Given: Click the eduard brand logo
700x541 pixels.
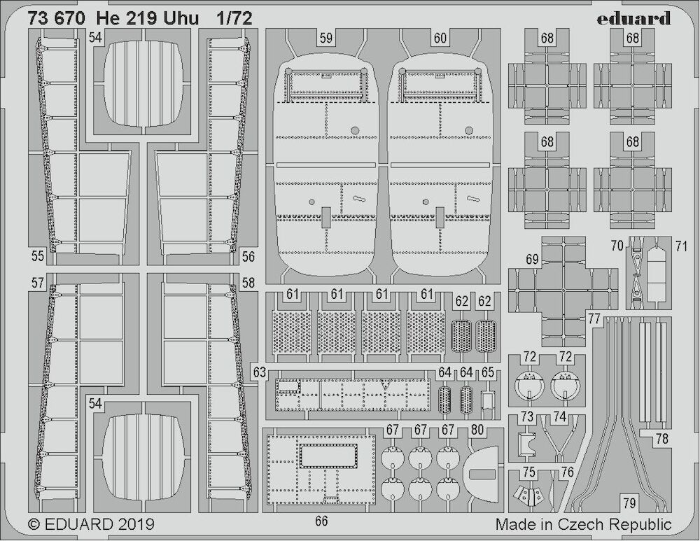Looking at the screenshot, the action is point(634,19).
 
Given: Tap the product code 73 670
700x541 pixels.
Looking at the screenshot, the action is point(53,18).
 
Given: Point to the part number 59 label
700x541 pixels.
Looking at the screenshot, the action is point(326,38).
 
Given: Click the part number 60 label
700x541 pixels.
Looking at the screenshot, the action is point(440,38).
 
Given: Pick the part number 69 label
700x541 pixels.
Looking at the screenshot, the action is point(532,260).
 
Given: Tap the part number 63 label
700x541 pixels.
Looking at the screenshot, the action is point(260,372).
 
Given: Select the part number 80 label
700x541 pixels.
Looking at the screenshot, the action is point(477,430).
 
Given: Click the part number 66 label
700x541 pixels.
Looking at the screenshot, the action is point(321,521).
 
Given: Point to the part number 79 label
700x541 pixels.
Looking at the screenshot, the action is point(629,503).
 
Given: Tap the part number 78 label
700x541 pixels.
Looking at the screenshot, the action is point(662,439).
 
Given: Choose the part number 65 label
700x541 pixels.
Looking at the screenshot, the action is point(488,372).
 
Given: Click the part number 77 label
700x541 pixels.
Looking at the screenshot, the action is point(594,318).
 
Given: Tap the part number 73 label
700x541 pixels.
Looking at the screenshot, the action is point(527,416).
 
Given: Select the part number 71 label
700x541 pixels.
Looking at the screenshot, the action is point(681,246).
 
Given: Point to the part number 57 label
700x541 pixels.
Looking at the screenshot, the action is point(38,283).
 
